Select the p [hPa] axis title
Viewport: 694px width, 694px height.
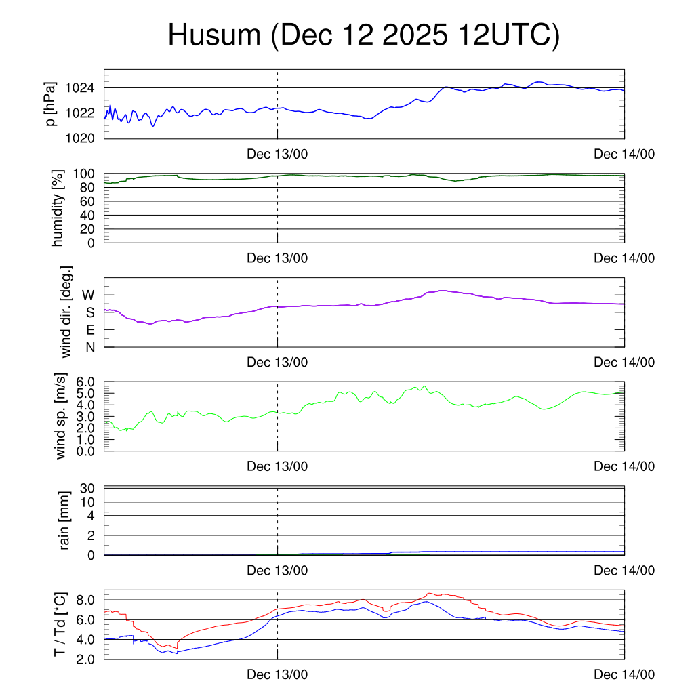point(51,104)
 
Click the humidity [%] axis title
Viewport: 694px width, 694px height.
point(59,208)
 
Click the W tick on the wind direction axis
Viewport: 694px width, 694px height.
point(89,295)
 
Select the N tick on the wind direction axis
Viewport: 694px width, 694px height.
point(90,347)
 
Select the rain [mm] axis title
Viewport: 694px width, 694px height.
point(64,520)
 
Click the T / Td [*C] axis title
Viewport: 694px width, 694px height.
point(60,624)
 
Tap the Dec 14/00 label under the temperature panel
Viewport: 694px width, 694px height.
point(624,674)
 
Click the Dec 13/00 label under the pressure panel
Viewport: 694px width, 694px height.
point(277,154)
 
